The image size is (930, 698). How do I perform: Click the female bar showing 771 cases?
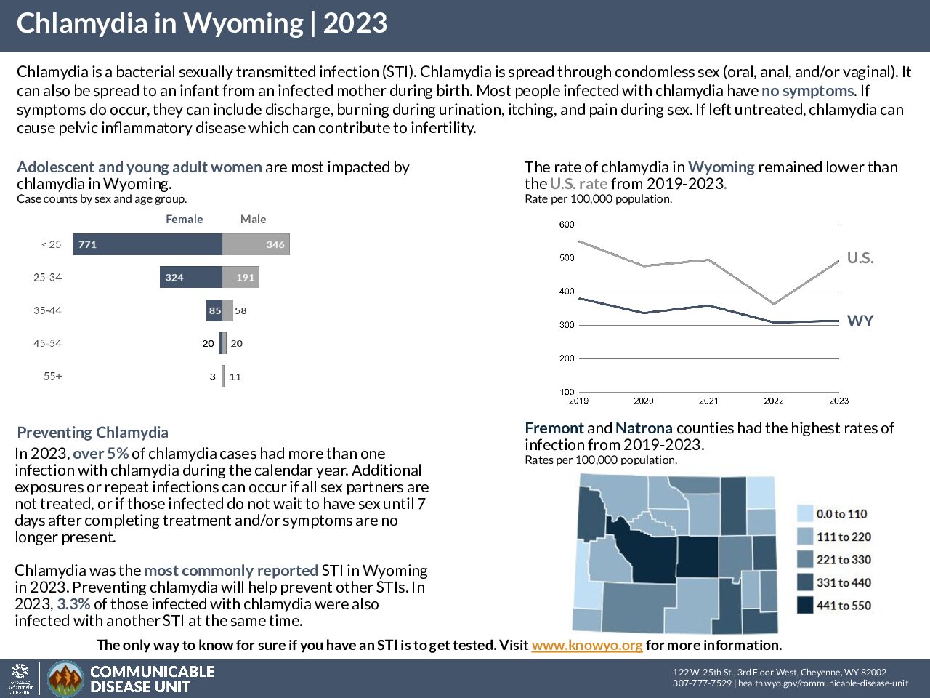[147, 244]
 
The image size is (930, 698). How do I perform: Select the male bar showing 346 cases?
[256, 244]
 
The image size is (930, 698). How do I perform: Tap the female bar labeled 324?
[191, 277]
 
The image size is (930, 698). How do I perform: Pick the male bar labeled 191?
[240, 277]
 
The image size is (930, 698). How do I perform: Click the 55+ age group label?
[53, 377]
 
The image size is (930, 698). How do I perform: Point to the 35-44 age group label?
[47, 310]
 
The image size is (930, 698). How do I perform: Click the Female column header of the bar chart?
[184, 219]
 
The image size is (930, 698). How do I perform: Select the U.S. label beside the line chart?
[860, 258]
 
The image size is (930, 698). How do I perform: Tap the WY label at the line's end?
[860, 321]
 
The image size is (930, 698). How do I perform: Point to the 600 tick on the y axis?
[567, 225]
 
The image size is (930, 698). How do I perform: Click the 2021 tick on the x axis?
[708, 401]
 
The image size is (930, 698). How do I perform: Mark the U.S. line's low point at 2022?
[774, 303]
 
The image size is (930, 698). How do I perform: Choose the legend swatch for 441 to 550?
[805, 606]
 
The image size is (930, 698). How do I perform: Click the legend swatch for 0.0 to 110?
[805, 514]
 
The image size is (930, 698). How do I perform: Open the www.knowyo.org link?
[586, 645]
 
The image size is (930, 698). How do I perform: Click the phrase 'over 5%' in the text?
[100, 454]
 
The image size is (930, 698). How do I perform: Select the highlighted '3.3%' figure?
[73, 604]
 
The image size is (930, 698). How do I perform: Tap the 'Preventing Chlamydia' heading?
[92, 433]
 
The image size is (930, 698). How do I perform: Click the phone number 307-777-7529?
[702, 683]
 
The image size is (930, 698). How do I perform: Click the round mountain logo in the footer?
[65, 679]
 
